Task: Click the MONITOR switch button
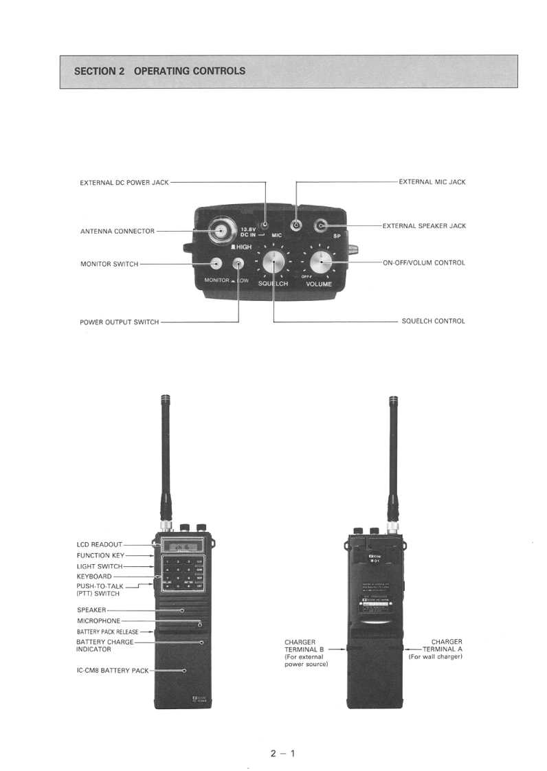216,263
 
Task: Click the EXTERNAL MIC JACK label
432,182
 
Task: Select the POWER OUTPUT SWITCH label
119,322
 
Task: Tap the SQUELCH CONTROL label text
433,321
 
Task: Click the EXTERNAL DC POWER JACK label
124,183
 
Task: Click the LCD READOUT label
99,544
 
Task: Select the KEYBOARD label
93,577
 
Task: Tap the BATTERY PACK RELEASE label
107,632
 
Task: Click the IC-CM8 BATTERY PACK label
112,670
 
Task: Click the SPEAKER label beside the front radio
91,610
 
